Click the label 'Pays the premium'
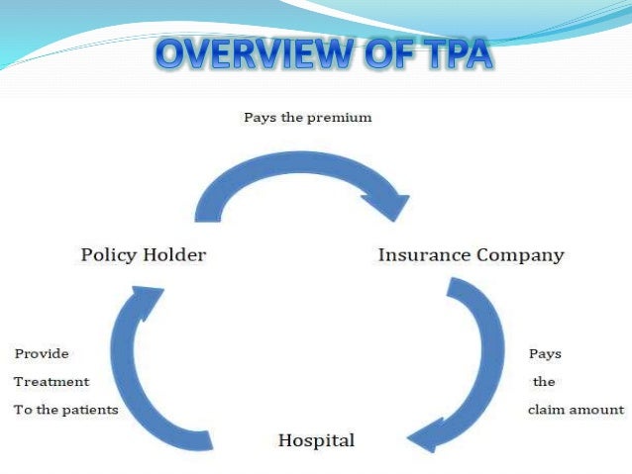click(307, 118)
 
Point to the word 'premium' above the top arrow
click(340, 118)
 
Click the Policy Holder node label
click(143, 255)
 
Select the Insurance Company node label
click(471, 255)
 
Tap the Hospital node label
click(315, 439)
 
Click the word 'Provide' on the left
click(42, 353)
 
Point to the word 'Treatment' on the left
click(52, 381)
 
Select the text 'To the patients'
click(65, 410)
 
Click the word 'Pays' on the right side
click(545, 353)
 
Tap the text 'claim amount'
click(576, 410)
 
